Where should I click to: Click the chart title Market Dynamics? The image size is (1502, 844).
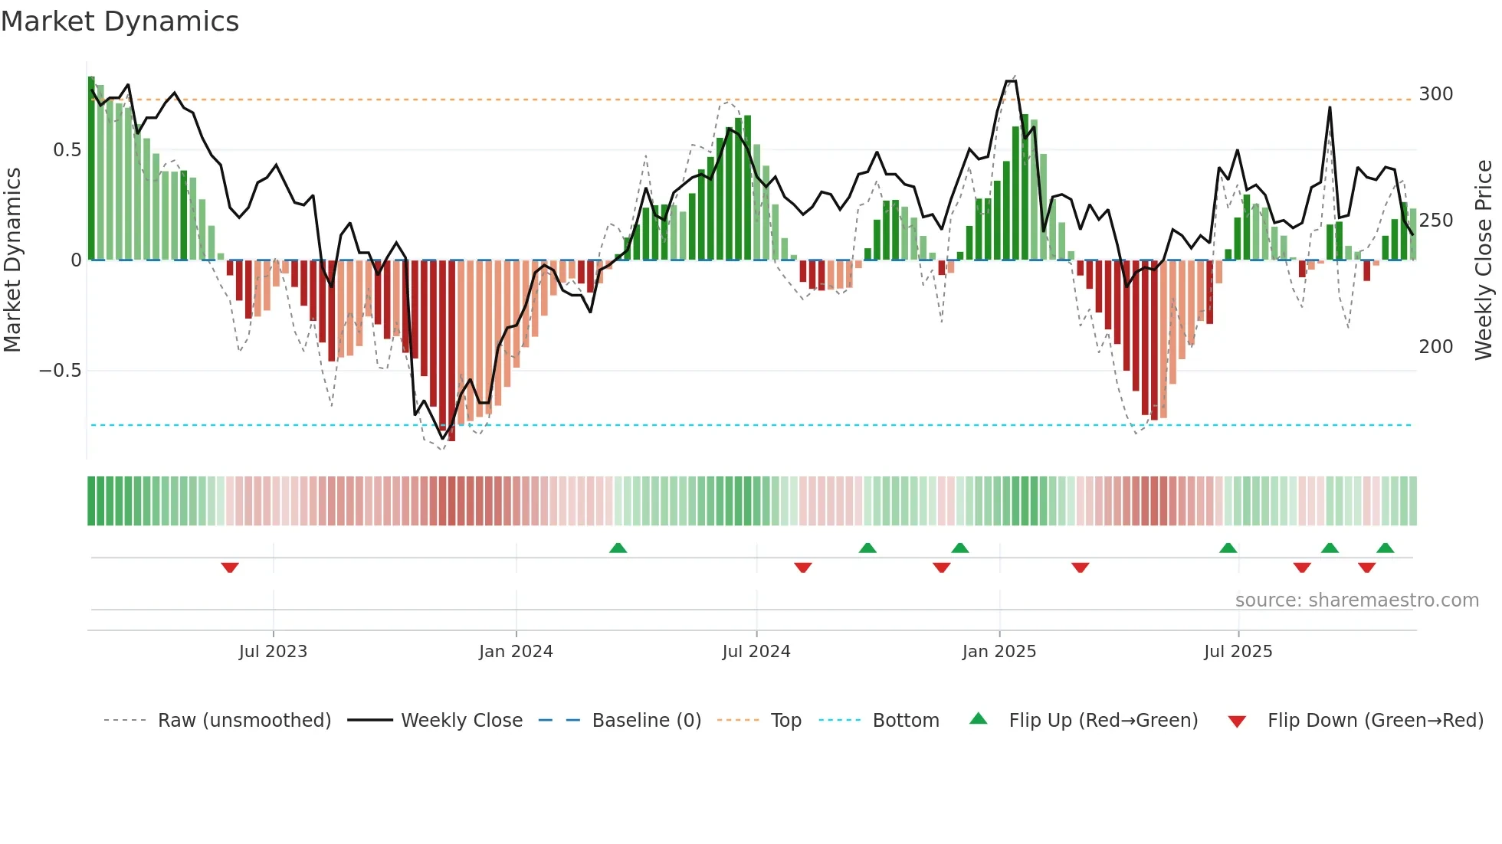120,21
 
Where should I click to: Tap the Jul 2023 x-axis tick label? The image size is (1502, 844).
273,652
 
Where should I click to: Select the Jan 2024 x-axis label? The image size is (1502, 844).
516,652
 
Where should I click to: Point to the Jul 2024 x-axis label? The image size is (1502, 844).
756,652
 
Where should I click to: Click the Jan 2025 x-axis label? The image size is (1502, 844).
999,652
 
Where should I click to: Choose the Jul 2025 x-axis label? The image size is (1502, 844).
1238,652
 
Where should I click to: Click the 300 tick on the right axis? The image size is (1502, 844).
1436,94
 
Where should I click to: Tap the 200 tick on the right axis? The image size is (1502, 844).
1436,347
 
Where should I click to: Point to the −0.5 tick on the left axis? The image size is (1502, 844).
61,371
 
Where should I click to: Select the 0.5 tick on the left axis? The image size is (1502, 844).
67,150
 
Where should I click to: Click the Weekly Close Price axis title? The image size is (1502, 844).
1484,260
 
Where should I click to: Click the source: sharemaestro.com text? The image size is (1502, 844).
1357,600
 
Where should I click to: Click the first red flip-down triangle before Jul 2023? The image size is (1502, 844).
230,568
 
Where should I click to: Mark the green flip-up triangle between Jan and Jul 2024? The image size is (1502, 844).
618,548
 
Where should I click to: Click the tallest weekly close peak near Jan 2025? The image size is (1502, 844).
1011,81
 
